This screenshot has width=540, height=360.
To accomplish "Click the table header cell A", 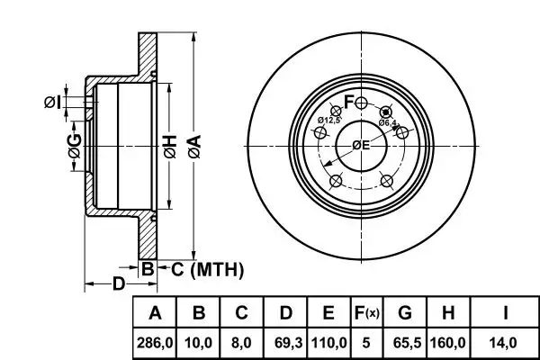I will (155, 313).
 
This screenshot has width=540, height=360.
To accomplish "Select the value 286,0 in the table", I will (155, 343).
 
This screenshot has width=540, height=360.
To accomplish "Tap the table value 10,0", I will (199, 343).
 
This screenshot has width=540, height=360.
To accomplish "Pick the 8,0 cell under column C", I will (241, 343).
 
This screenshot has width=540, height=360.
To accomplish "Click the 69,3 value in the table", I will (284, 343).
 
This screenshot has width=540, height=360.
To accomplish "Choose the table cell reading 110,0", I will (328, 343).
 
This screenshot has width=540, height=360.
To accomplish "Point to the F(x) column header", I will (366, 313).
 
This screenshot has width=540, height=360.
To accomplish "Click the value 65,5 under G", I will (405, 343).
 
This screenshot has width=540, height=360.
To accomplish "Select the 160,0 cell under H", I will (448, 343).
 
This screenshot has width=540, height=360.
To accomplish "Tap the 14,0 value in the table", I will (506, 343).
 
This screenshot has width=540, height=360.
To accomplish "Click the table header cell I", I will (506, 313).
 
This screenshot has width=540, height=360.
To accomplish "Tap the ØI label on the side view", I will (52, 103).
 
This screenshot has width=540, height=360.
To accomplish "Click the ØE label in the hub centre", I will (361, 146).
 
